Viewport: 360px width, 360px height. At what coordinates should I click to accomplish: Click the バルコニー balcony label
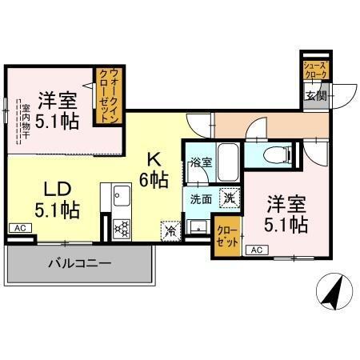click(x=78, y=263)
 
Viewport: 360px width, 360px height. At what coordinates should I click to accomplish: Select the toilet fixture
click(x=276, y=154)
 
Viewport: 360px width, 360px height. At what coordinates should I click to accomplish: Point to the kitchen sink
click(x=121, y=194)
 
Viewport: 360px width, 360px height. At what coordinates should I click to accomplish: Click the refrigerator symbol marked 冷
click(x=170, y=230)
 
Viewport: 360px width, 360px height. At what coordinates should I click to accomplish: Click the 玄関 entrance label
click(x=315, y=97)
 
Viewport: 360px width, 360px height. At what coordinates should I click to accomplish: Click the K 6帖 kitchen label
click(x=154, y=169)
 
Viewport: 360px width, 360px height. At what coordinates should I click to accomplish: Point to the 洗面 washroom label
click(x=199, y=198)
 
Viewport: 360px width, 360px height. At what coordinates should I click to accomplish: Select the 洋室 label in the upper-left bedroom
click(x=56, y=102)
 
